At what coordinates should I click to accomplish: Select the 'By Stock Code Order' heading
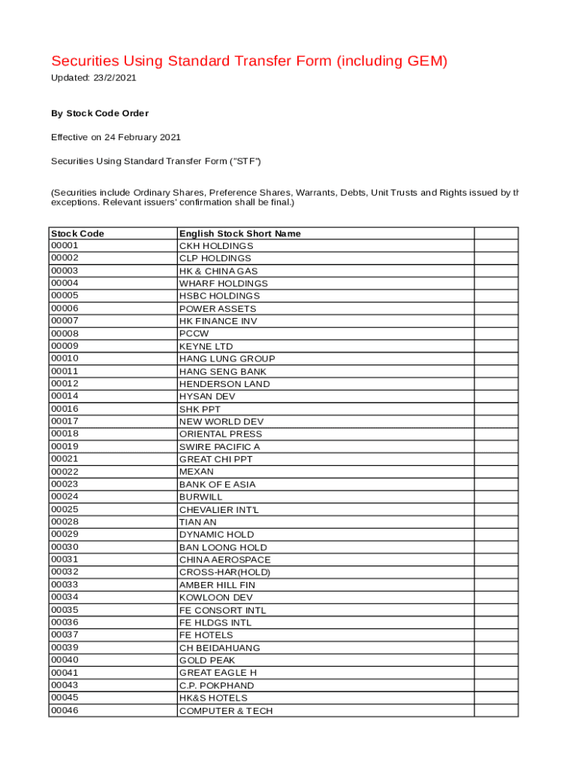[x=100, y=113]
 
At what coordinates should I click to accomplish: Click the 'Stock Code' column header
[x=77, y=233]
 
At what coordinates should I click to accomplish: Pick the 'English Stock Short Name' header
[x=239, y=233]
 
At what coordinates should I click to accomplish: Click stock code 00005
[x=65, y=295]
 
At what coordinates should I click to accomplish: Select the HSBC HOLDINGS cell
[x=219, y=295]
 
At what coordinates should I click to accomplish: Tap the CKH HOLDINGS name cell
[x=216, y=246]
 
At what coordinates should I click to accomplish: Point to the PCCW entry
[x=194, y=334]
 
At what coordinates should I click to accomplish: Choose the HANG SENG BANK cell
[x=222, y=371]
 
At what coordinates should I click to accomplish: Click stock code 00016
[x=65, y=409]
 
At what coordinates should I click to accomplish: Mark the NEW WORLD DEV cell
[x=221, y=421]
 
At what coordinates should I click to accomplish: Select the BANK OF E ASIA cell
[x=217, y=484]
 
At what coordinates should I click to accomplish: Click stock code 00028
[x=65, y=522]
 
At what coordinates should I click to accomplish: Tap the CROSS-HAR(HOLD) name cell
[x=224, y=572]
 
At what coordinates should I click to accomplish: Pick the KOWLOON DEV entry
[x=215, y=597]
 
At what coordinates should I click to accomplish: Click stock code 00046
[x=65, y=710]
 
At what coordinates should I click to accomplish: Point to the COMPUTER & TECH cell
[x=226, y=710]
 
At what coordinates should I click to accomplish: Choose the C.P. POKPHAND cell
[x=216, y=685]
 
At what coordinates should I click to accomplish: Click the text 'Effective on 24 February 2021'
[x=116, y=137]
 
